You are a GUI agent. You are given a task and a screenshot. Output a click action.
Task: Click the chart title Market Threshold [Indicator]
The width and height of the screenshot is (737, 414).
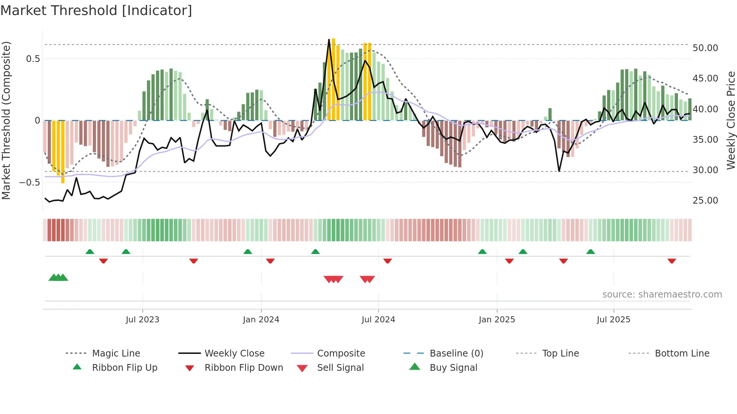coord(96,11)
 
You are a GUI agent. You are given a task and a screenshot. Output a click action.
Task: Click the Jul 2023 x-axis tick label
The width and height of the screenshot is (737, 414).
coord(143,320)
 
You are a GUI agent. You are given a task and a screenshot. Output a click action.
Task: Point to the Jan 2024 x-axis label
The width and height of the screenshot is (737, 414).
coord(261,320)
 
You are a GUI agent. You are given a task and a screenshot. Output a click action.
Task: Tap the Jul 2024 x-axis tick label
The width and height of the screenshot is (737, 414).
coord(378,320)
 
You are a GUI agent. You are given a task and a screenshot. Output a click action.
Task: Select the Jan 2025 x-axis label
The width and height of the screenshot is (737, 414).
coord(497,320)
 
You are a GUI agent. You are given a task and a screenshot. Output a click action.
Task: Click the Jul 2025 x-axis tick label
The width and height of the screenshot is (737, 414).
coord(613,320)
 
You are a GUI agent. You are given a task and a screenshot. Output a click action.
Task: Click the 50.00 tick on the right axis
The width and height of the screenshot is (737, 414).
coord(705,48)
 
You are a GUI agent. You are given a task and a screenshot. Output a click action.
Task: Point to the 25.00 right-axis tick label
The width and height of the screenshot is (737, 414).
coord(705,201)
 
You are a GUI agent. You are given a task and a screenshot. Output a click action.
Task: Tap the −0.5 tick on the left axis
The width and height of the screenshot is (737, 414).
coord(29,183)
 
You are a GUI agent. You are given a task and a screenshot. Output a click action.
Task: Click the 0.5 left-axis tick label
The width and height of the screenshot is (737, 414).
coord(33,59)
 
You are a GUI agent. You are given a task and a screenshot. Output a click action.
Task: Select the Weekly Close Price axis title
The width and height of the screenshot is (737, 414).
coord(731,120)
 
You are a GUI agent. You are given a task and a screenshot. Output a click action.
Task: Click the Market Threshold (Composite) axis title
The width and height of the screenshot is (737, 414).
coord(6,120)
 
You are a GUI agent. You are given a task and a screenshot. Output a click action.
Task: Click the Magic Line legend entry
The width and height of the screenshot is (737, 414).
coord(116,354)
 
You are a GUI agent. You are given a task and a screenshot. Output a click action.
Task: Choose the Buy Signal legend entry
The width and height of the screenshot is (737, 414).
coord(453,368)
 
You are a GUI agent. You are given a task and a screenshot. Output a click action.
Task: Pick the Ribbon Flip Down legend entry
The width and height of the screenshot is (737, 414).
coord(243,368)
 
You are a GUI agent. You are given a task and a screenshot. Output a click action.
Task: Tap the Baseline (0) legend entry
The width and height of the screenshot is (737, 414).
coord(456,354)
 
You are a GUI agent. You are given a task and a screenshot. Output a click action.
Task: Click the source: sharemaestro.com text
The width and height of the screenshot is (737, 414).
coord(662,295)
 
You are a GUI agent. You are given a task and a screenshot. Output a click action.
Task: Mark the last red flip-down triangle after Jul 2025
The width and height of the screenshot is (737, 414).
coord(672,261)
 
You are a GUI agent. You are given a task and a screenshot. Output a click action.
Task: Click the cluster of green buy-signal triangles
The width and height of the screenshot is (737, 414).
coord(58,278)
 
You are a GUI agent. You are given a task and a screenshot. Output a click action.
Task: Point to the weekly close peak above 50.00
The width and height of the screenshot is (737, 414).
coord(329,39)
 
